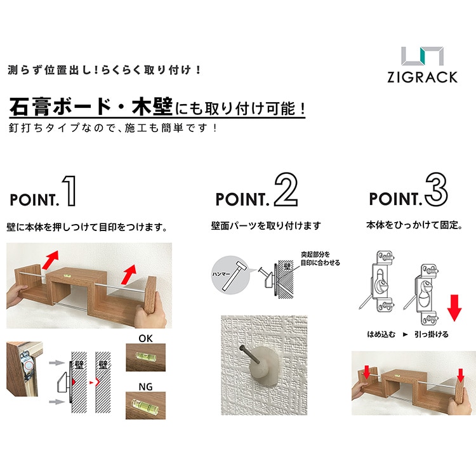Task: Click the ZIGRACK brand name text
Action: [x=422, y=77]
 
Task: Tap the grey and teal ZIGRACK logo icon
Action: [x=422, y=56]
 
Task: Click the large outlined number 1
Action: [x=69, y=191]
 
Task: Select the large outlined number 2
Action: [x=286, y=189]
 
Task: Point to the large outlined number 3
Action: [x=436, y=189]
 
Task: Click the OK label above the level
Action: [x=145, y=338]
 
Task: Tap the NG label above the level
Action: [x=145, y=387]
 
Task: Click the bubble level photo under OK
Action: [x=146, y=357]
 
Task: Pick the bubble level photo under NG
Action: [x=146, y=406]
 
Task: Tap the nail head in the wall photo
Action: [x=242, y=348]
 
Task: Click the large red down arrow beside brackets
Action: [x=454, y=308]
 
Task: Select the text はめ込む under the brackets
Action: [x=381, y=334]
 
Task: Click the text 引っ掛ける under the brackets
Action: [x=432, y=334]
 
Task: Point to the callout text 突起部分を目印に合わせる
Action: [x=321, y=259]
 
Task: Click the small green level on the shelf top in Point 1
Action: [x=67, y=276]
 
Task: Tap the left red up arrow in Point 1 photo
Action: [x=50, y=260]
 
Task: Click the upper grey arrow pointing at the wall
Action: [x=56, y=362]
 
